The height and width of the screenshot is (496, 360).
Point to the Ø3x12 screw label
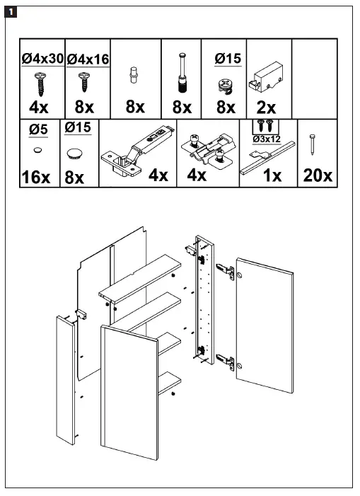click(266, 139)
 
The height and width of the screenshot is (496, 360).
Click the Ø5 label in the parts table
click(37, 130)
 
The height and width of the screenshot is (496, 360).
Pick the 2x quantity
click(266, 106)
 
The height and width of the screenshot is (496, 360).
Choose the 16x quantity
click(36, 176)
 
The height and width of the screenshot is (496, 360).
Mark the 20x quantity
click(317, 175)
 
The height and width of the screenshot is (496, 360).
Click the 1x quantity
click(272, 175)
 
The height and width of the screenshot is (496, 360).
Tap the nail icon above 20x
click(311, 145)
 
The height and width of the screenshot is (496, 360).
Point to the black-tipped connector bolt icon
click(182, 77)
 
